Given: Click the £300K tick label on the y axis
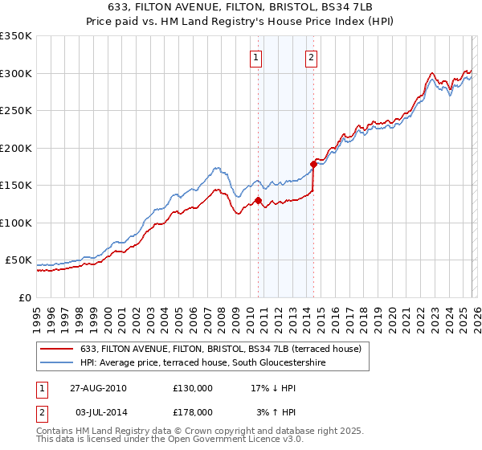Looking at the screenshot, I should (x=16, y=73).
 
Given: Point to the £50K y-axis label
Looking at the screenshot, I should (x=18, y=260).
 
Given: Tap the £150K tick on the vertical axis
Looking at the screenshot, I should (x=16, y=186).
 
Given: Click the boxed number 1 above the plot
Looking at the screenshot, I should (x=256, y=57).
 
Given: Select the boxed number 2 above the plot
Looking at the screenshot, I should (x=311, y=57).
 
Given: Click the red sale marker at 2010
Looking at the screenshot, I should (x=258, y=200).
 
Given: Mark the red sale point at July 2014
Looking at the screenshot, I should (x=313, y=164).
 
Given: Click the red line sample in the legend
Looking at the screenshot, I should (x=57, y=349).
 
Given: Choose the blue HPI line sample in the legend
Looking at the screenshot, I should (x=57, y=363).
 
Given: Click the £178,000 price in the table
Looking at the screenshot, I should (x=193, y=411).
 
